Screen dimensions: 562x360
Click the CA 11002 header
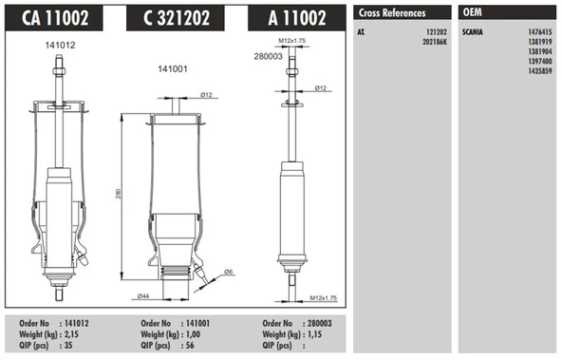pyautogui.click(x=55, y=17)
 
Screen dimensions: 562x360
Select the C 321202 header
pyautogui.click(x=176, y=17)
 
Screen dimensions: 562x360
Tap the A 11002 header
pyautogui.click(x=297, y=17)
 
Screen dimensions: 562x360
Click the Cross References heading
pyautogui.click(x=392, y=13)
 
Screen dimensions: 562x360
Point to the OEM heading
pyautogui.click(x=473, y=12)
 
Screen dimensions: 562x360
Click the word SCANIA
pyautogui.click(x=473, y=32)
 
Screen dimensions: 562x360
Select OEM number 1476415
pyautogui.click(x=540, y=32)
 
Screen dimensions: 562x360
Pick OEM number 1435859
pyautogui.click(x=540, y=71)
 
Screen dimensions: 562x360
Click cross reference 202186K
pyautogui.click(x=435, y=42)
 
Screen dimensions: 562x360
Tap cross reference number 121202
pyautogui.click(x=437, y=32)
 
